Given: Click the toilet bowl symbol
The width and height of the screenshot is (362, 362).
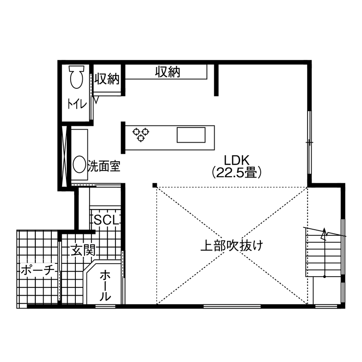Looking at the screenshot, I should (77, 78).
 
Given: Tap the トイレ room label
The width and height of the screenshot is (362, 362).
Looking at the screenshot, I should (77, 104).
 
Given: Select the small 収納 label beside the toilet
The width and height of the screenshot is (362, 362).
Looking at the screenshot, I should (106, 79).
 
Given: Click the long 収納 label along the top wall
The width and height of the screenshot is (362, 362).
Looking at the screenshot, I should (167, 72).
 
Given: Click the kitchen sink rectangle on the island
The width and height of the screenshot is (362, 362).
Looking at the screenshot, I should (190, 134).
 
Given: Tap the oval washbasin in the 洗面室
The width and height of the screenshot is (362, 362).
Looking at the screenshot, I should (79, 164).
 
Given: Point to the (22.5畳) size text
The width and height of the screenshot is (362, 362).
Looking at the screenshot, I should (237, 173).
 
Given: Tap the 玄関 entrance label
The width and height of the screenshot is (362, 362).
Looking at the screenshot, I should (83, 250).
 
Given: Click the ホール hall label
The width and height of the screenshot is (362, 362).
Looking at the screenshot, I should (105, 285).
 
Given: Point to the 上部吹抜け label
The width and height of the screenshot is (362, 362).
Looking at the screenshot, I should (231, 246).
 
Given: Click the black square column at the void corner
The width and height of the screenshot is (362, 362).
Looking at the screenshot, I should (154, 186).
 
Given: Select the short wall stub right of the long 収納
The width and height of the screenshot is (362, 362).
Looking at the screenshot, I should (216, 79).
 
